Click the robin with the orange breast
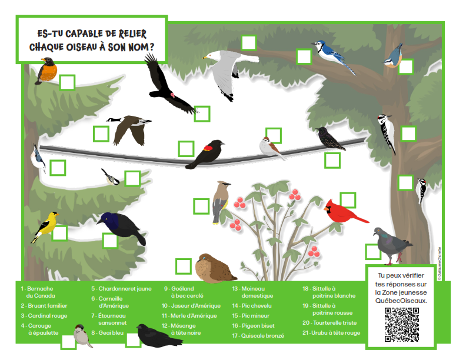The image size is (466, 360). coord(46,71)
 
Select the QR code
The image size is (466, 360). coord(402,324)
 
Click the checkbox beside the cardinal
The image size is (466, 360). coord(348,200)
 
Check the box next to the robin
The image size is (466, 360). coord(68,82)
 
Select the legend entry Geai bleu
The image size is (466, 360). coord(111,332)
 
